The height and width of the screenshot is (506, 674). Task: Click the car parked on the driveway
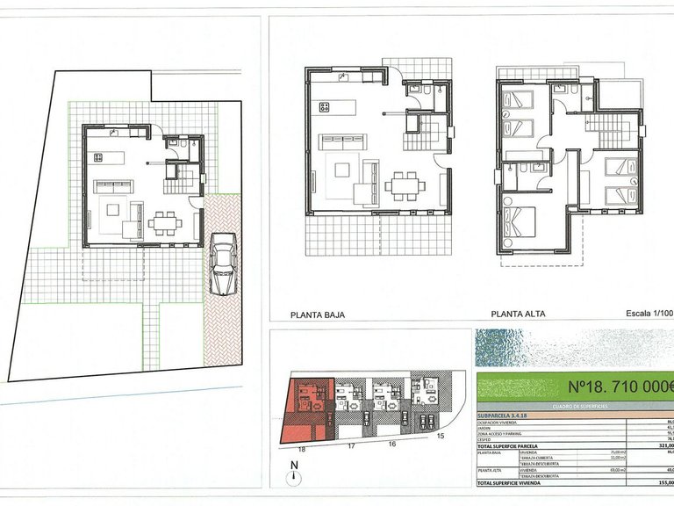pyautogui.click(x=223, y=265)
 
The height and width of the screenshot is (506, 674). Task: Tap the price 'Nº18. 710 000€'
pyautogui.click(x=620, y=385)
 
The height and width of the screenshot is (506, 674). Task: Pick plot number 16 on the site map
pyautogui.click(x=391, y=445)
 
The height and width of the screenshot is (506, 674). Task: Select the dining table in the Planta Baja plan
pyautogui.click(x=405, y=185)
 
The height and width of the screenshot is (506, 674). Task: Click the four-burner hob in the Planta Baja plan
pyautogui.click(x=324, y=107)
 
